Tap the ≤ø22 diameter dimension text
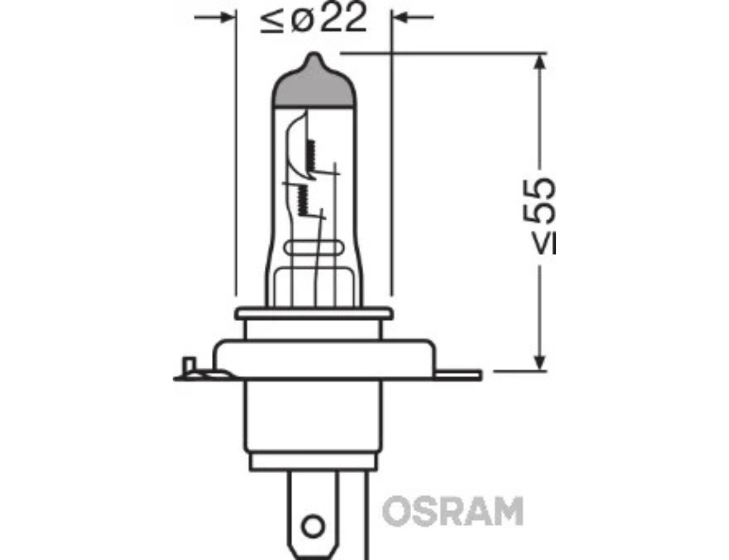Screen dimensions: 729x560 [x=313, y=18]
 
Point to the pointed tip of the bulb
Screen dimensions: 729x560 [x=313, y=53]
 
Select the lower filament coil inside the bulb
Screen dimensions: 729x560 [x=303, y=200]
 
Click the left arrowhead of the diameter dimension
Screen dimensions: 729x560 [x=227, y=17]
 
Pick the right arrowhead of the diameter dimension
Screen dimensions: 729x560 [x=400, y=17]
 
